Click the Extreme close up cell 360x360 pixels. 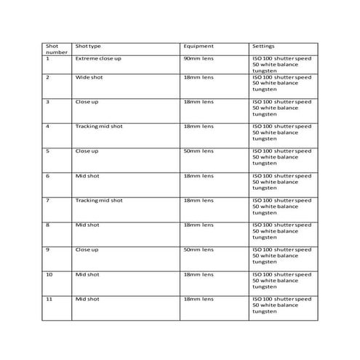point(97,57)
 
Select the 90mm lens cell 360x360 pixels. point(199,57)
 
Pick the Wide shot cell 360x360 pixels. point(88,76)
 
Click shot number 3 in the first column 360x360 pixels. point(48,101)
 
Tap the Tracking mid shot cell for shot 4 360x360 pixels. point(99,126)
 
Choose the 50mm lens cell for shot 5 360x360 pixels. point(199,151)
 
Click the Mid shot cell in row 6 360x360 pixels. point(87,175)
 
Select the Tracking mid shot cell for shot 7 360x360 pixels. point(99,200)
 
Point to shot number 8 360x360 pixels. point(48,225)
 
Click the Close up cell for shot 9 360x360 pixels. point(87,249)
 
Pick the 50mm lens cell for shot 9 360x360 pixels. point(199,249)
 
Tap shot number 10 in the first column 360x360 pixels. point(49,274)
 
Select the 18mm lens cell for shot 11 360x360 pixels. point(199,299)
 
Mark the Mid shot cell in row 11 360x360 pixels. point(87,299)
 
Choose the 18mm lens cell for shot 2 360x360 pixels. point(199,76)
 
